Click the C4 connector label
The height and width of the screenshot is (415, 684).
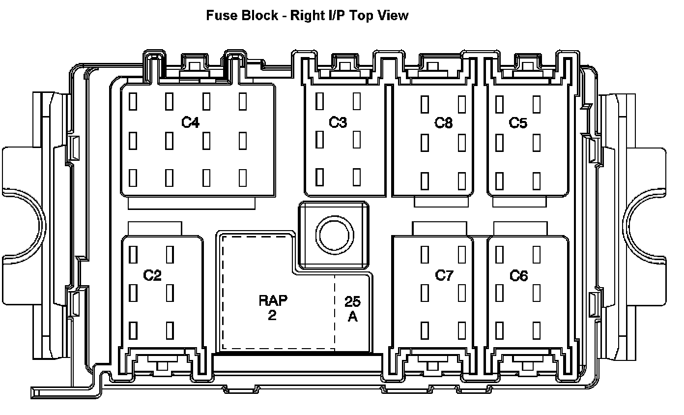click(190, 122)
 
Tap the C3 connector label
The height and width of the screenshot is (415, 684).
click(338, 122)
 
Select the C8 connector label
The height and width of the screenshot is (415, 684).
click(443, 122)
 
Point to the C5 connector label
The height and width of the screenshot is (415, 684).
click(518, 122)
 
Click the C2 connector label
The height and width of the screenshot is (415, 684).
click(152, 275)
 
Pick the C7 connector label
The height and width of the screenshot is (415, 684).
click(444, 275)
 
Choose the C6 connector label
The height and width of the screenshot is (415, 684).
click(518, 276)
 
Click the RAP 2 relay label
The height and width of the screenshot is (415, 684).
click(273, 307)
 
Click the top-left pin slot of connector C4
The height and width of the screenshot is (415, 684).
click(133, 102)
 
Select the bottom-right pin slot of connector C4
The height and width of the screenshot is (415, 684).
click(243, 178)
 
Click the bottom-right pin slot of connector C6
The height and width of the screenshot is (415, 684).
click(537, 330)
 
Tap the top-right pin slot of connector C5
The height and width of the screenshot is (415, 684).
click(537, 104)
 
